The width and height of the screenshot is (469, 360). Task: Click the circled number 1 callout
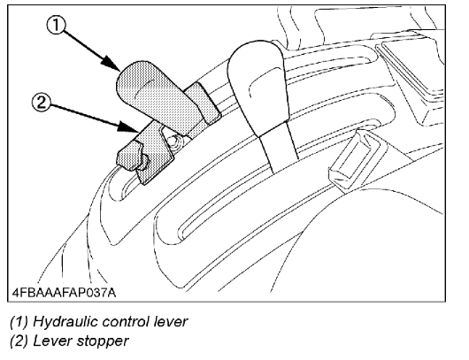tap(56, 25)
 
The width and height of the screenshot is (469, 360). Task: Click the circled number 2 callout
tap(41, 103)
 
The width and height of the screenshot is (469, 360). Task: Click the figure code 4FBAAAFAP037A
tap(64, 292)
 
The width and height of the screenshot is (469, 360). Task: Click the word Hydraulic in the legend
tap(65, 322)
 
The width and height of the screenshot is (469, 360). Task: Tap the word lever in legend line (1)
tap(171, 322)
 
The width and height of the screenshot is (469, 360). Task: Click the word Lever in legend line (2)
tap(52, 341)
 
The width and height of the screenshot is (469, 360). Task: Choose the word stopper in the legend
tap(103, 341)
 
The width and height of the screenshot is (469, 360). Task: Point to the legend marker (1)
tap(19, 322)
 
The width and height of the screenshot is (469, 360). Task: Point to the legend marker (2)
tap(19, 341)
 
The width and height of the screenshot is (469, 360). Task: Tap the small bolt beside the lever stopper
tap(174, 140)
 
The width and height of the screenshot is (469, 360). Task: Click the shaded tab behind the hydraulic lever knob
tap(204, 102)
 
